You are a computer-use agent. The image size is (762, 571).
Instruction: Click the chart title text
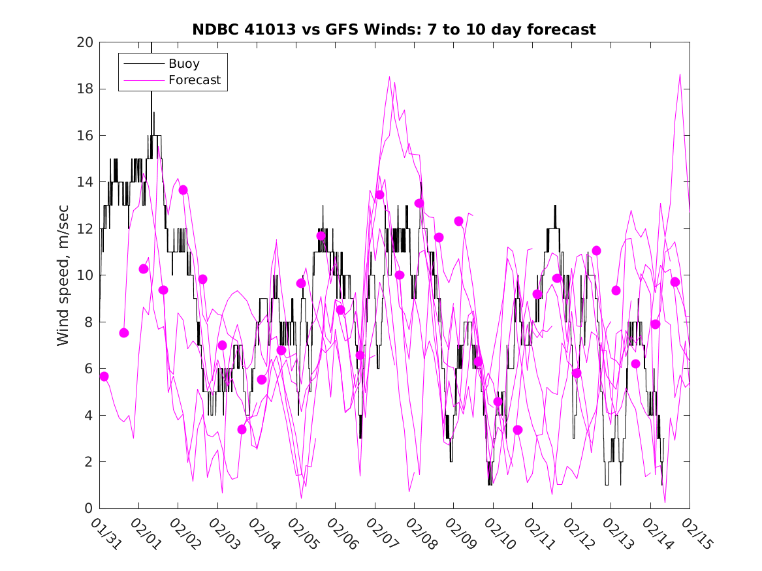[394, 29]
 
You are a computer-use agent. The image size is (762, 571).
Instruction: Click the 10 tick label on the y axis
[86, 275]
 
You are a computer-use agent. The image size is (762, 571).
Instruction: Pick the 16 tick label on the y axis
[86, 136]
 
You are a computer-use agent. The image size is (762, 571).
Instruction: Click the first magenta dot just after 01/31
[104, 377]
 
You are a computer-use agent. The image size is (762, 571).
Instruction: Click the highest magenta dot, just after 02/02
[183, 190]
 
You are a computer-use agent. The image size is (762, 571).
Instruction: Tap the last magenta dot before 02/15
[675, 282]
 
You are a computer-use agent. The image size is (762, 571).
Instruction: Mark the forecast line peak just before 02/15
[680, 74]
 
